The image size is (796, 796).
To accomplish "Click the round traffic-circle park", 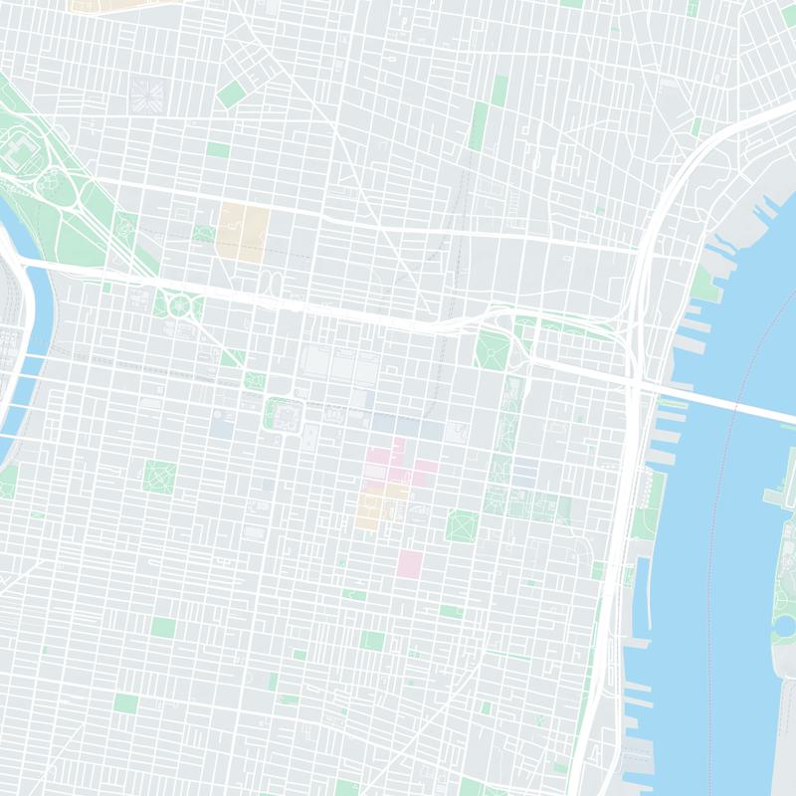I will tap(179, 304).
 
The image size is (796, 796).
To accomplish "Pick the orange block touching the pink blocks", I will tap(378, 507).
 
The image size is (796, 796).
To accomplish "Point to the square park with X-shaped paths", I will tap(463, 524).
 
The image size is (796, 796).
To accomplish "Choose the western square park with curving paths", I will tap(158, 477).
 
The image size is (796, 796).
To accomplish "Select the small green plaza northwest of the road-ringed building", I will tap(256, 380).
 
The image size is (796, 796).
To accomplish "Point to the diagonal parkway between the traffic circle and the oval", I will tap(109, 239).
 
